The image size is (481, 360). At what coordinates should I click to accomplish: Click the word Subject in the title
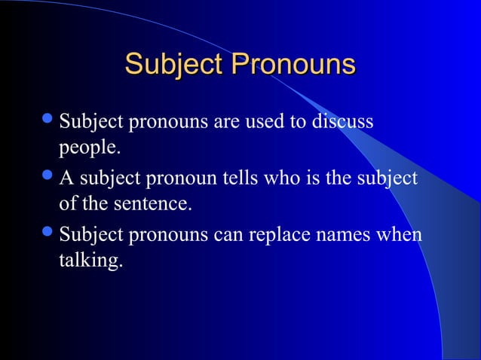coord(174,64)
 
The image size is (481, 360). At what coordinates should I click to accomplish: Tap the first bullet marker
coord(49,121)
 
